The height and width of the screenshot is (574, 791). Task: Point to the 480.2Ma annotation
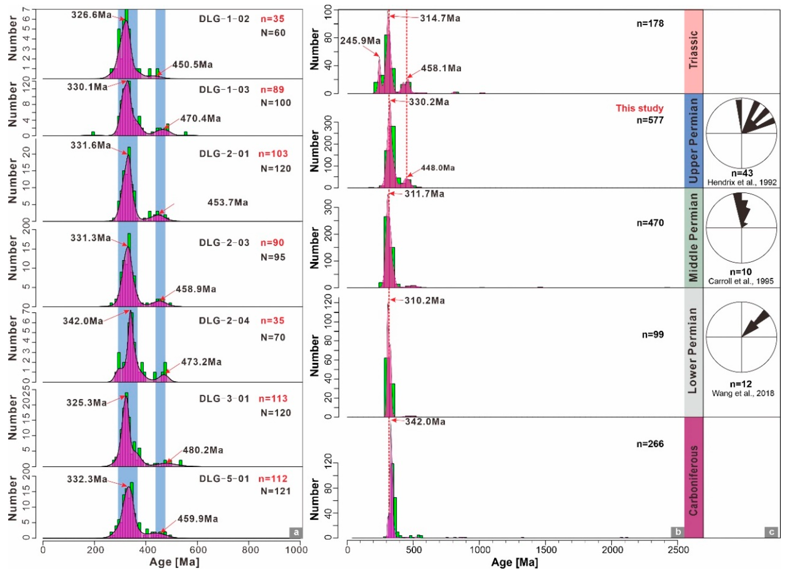203,450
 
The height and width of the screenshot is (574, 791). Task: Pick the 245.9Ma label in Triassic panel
360,41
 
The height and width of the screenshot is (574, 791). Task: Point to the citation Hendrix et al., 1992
742,182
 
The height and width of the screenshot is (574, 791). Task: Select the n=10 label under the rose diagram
740,272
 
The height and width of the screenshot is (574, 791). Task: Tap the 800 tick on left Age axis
250,550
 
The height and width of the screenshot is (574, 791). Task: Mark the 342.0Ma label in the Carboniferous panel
425,422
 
